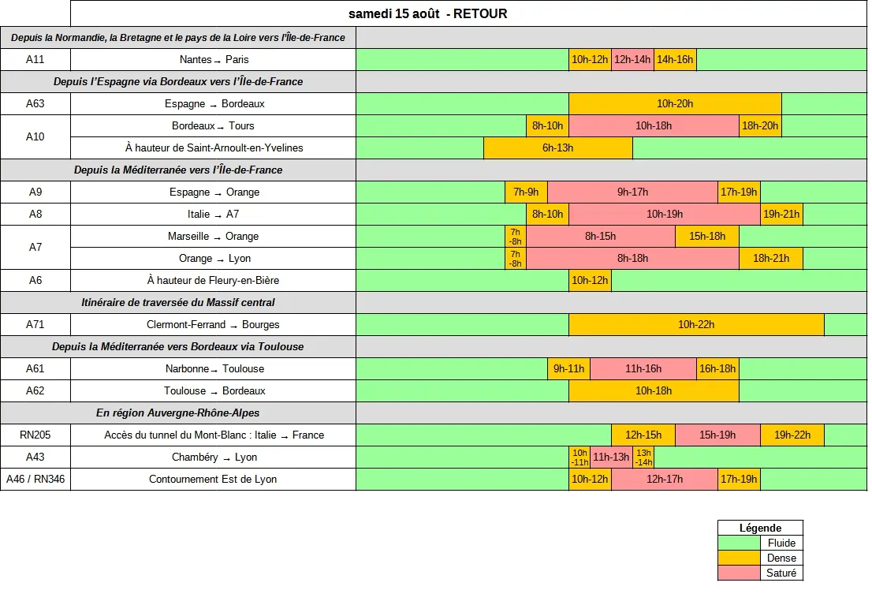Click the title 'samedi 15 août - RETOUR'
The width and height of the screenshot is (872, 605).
(427, 14)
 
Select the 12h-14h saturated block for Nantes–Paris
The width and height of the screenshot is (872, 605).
(632, 60)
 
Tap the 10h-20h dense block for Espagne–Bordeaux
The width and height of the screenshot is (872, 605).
(675, 103)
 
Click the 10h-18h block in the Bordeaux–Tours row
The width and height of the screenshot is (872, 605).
(654, 125)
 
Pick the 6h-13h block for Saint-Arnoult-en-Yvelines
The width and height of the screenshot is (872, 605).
(558, 148)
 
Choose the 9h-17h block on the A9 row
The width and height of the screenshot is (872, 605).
(633, 192)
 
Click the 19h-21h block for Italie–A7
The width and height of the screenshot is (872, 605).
(781, 215)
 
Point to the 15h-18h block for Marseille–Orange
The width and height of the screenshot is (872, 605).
(707, 237)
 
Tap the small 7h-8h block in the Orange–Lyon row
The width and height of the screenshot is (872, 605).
(516, 258)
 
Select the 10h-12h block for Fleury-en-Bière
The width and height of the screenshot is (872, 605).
(590, 281)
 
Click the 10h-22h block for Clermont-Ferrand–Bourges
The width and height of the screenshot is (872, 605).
(696, 324)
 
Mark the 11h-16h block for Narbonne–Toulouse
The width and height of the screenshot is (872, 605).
(643, 369)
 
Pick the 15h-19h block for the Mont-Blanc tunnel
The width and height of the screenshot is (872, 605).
(717, 435)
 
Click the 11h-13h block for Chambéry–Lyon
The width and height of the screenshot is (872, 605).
(611, 457)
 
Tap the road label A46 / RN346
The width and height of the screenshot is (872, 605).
(35, 480)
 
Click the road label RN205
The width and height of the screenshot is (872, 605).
(35, 435)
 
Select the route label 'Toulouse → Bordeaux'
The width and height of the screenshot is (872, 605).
(214, 390)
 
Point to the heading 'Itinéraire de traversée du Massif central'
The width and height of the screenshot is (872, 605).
(178, 302)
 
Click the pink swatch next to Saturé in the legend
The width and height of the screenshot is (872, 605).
(739, 573)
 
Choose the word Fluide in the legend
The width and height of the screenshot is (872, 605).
(781, 543)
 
